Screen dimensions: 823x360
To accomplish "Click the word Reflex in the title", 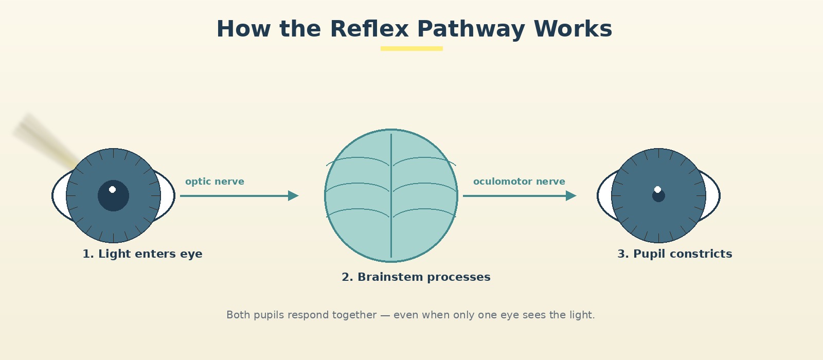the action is [369, 29].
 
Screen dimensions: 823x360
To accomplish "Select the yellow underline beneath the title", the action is [411, 48].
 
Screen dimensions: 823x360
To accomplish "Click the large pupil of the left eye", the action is [113, 196].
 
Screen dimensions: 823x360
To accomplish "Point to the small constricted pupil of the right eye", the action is [658, 196].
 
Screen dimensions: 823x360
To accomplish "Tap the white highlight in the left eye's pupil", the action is [113, 190].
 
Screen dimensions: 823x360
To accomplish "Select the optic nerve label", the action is [214, 182].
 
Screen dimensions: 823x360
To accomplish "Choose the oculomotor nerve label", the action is [519, 182].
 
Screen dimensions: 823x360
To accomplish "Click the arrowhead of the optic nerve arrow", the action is [293, 196].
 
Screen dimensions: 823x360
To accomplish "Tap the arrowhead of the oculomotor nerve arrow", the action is [571, 196].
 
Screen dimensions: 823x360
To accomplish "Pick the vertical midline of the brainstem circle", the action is [391, 195].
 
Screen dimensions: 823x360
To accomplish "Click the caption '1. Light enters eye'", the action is [142, 254].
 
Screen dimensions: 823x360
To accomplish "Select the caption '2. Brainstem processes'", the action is [416, 277].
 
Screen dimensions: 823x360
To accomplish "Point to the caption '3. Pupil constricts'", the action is [674, 254].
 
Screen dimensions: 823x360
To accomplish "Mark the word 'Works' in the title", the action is [573, 29].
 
